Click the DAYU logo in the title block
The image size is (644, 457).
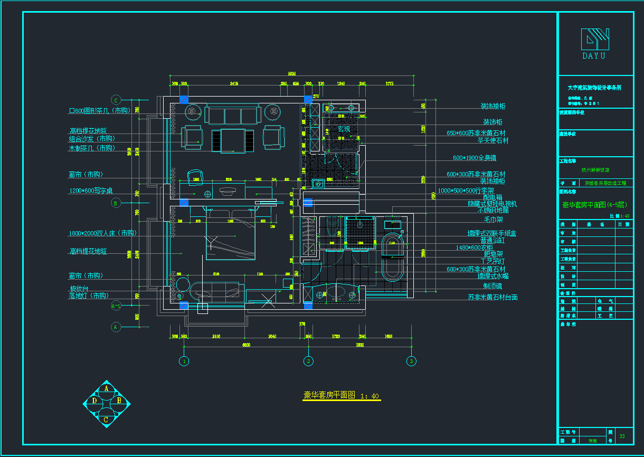595,43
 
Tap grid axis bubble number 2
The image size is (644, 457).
309,361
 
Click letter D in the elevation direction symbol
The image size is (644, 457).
94,401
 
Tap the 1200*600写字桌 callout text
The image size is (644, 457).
91,191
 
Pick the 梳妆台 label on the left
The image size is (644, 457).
79,289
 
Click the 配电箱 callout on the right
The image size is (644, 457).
493,197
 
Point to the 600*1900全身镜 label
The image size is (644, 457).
475,158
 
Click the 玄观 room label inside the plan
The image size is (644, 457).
344,129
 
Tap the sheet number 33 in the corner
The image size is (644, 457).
622,436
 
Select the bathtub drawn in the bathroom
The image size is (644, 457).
392,255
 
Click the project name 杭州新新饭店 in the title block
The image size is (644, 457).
595,170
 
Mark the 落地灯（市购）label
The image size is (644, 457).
92,296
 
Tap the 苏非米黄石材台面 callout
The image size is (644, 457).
493,298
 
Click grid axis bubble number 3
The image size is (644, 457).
411,361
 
